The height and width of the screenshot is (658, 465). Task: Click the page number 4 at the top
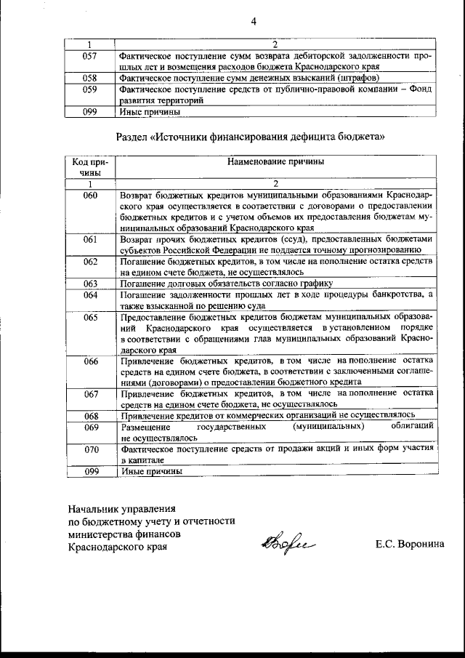(x=254, y=21)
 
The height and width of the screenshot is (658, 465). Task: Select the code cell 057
(x=90, y=55)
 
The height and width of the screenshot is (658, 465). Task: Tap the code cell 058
(x=90, y=78)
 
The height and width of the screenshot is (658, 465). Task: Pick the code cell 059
(x=90, y=90)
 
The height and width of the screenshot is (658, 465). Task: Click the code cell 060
(x=90, y=196)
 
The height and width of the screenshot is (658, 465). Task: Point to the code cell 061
(x=90, y=238)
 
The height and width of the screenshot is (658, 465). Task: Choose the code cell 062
(x=90, y=261)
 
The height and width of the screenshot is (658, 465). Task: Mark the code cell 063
(x=90, y=284)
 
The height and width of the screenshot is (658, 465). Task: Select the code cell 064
(x=90, y=294)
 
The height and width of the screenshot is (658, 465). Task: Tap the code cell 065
(x=90, y=317)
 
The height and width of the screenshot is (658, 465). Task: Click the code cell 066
(x=90, y=361)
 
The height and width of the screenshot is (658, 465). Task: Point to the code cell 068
(x=90, y=416)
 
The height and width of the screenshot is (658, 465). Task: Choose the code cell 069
(x=90, y=427)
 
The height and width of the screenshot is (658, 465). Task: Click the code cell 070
(x=90, y=449)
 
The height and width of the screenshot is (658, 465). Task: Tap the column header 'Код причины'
(x=90, y=167)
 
